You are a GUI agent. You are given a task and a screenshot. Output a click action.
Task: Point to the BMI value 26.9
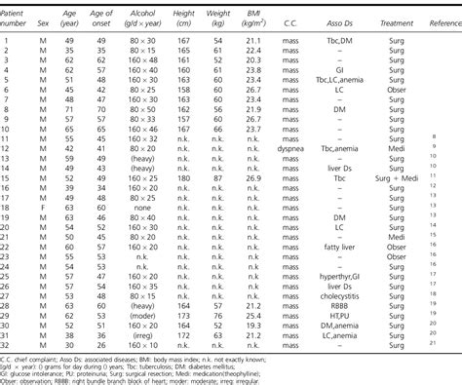coord(253,179)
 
